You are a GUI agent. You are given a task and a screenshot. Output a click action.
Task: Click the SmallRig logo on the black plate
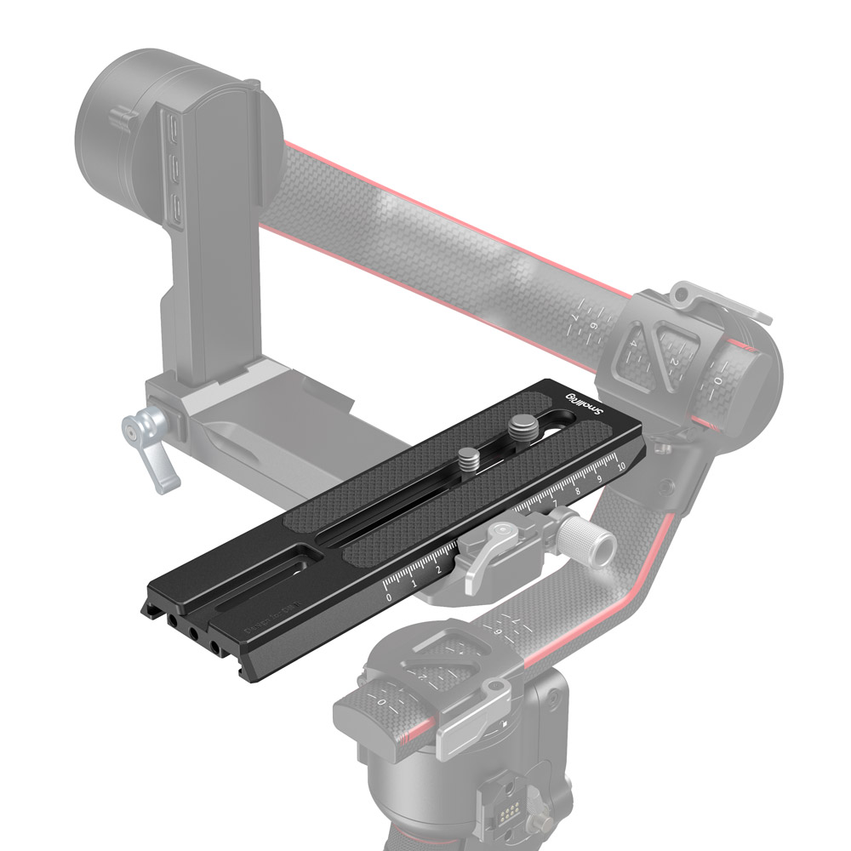pos(585,403)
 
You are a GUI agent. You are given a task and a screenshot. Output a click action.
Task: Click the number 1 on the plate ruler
pos(414,584)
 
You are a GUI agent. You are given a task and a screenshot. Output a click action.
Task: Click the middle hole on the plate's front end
pos(195,635)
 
